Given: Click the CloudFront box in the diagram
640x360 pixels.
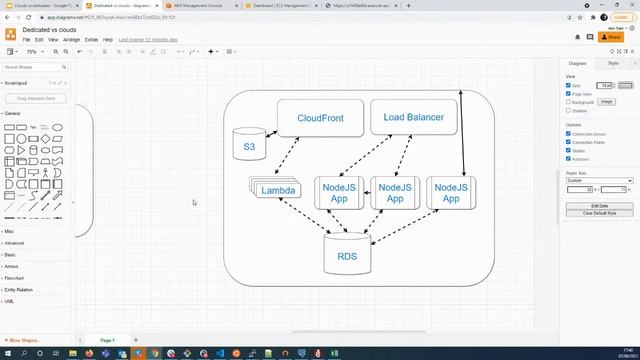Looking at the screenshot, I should point(320,118).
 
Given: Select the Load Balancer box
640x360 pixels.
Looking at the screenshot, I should point(413,117).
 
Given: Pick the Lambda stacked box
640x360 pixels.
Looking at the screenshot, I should point(277,190).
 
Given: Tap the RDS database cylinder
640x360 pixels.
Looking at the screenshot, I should point(347,256).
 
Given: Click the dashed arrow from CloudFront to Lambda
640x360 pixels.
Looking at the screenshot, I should point(290,155).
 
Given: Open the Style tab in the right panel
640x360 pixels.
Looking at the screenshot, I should point(613,63).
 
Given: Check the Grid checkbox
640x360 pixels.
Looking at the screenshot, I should point(569,85).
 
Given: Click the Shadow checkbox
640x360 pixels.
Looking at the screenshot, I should point(569,110).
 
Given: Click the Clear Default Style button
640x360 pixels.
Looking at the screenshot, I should point(598,213).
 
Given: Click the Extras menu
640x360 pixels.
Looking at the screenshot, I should point(91,39).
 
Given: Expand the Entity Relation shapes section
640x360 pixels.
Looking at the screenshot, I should point(20,289).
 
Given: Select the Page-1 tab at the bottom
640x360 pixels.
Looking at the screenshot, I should point(106,340).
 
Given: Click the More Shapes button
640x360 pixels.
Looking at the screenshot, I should point(26,340).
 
